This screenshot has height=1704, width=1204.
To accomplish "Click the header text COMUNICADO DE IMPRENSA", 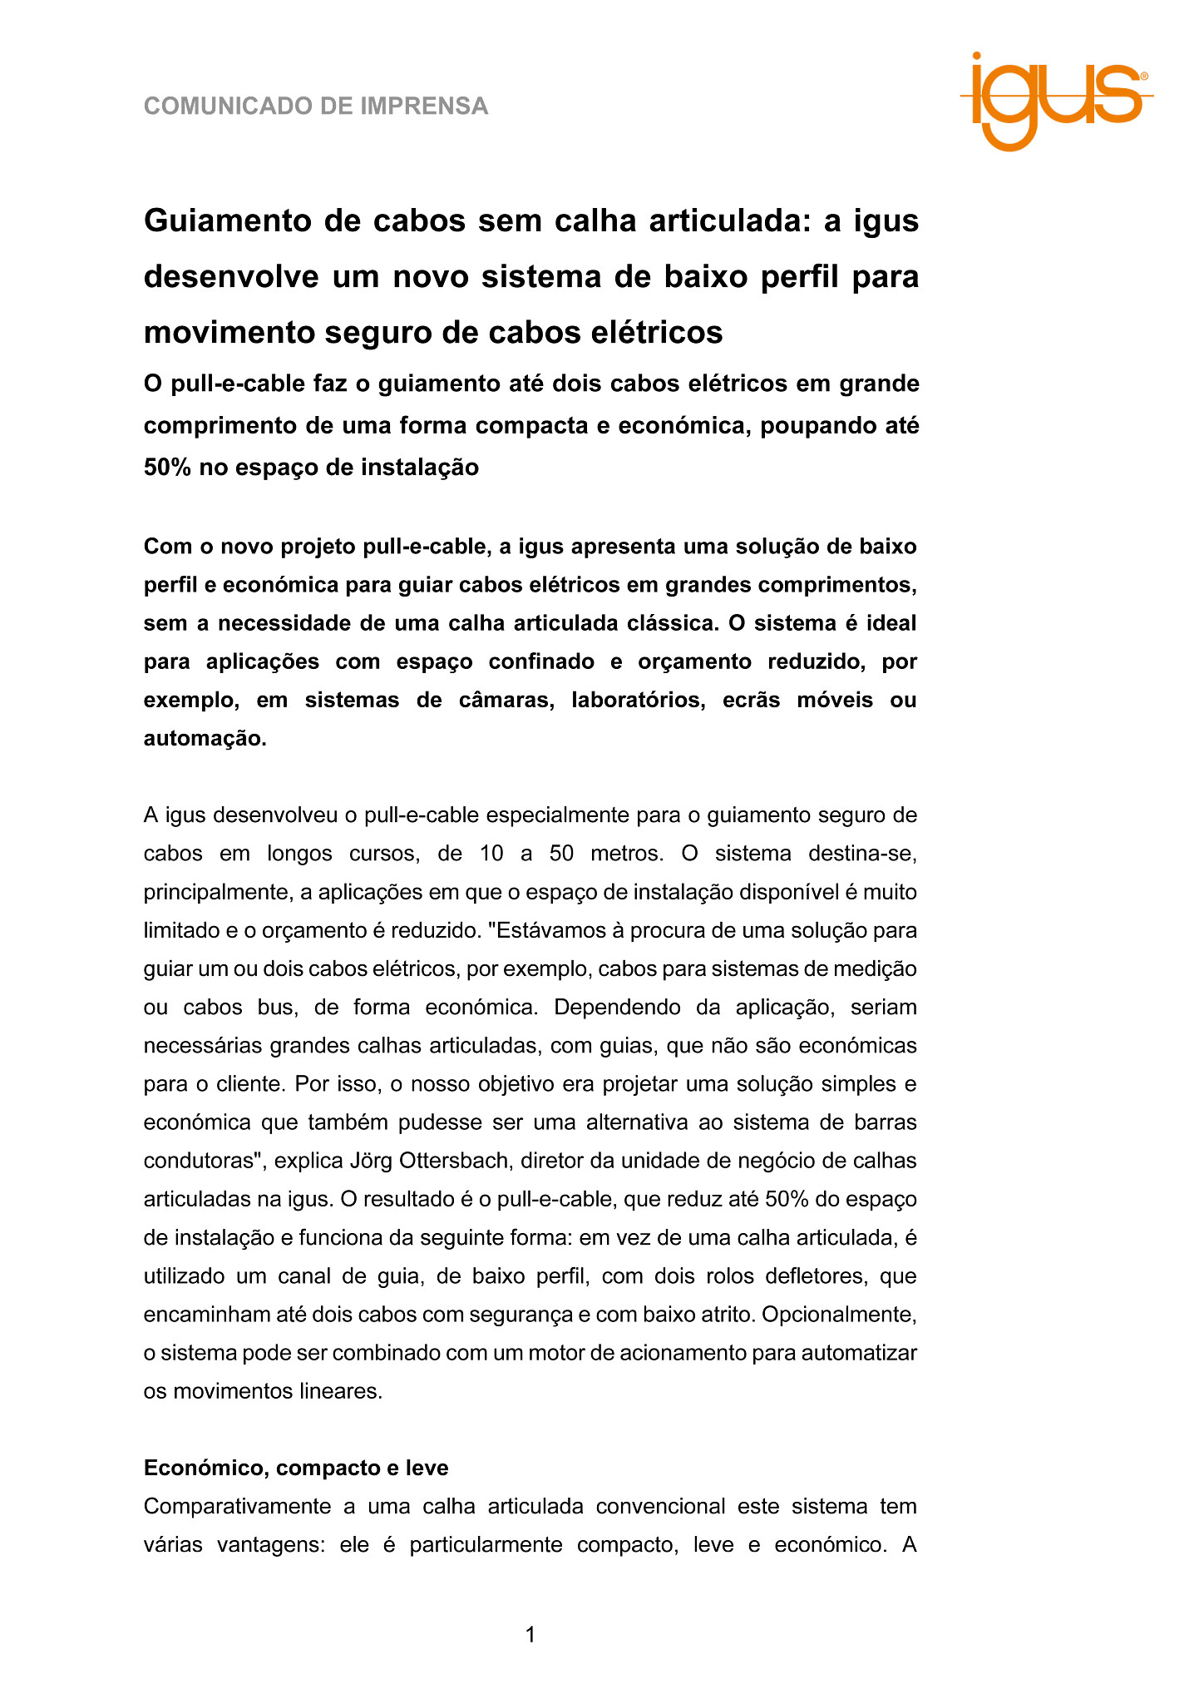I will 316,106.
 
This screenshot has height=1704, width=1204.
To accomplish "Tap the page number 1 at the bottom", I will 530,1635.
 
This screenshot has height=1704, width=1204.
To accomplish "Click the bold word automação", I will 205,738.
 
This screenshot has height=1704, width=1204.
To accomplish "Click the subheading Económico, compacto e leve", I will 296,1468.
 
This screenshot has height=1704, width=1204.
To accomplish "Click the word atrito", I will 722,1315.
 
